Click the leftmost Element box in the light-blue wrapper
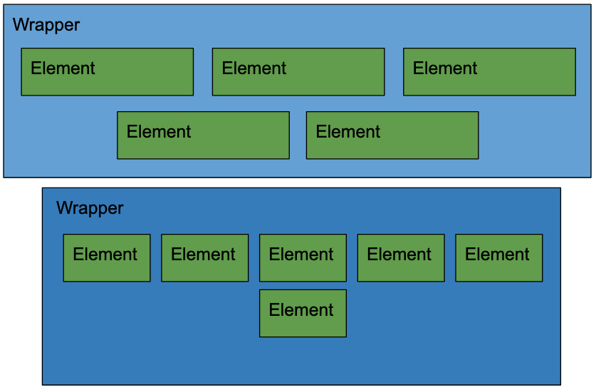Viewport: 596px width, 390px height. pos(107,71)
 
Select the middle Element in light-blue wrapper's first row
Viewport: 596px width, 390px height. pos(298,71)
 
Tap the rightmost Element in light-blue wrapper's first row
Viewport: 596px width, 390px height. pos(489,71)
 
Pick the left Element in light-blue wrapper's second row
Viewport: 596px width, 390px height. pos(203,135)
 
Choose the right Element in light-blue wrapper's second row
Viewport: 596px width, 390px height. pos(392,135)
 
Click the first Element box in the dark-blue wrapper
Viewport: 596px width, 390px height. pos(107,257)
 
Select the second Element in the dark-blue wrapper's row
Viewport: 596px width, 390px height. pos(205,257)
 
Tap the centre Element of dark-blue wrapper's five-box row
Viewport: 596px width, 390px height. pos(303,257)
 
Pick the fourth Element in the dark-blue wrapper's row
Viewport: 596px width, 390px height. pos(401,257)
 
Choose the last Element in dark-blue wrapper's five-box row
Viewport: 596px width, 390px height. pos(499,257)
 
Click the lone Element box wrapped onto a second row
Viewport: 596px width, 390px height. pos(303,313)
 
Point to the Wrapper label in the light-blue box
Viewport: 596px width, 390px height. pos(46,25)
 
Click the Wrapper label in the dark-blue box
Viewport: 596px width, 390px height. pos(90,208)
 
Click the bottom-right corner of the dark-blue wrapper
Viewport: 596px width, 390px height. pos(560,384)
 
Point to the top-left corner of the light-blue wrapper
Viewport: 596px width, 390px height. pos(4,6)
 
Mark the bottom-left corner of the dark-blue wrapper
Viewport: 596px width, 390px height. pos(43,384)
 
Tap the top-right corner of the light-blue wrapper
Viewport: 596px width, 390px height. pos(590,6)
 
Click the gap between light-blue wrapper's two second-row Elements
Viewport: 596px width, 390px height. pos(298,135)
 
